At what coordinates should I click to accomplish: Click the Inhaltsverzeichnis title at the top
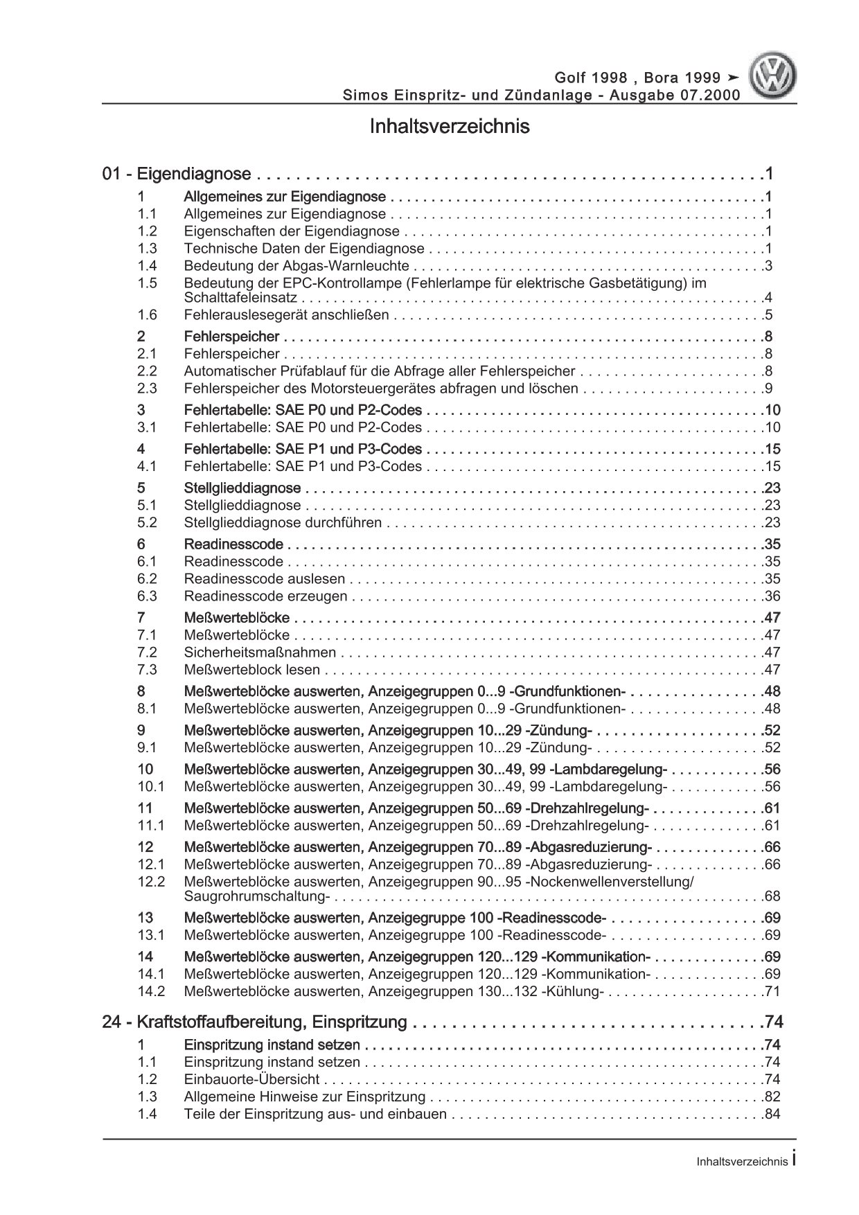(x=450, y=127)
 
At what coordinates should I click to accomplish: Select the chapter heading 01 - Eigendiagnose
(x=176, y=174)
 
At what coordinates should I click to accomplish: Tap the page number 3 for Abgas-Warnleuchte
(x=768, y=266)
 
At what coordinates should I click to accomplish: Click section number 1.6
(x=147, y=315)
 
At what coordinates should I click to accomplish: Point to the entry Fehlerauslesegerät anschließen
(x=286, y=315)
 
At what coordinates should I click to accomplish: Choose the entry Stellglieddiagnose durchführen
(x=283, y=522)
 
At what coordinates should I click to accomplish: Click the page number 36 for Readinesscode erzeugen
(x=771, y=596)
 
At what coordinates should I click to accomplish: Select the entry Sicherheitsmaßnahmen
(x=260, y=652)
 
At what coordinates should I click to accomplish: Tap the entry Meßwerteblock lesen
(x=252, y=669)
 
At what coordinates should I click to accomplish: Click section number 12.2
(x=151, y=881)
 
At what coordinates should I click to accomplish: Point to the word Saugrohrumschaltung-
(x=256, y=896)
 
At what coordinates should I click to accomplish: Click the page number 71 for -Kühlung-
(x=771, y=991)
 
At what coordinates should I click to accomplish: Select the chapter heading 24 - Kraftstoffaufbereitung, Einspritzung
(x=254, y=1022)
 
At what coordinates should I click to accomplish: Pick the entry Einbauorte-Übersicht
(x=251, y=1079)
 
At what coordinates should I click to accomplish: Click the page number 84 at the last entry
(x=771, y=1114)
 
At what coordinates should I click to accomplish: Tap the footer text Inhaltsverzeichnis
(x=742, y=1162)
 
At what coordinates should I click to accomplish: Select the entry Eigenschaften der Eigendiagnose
(x=292, y=231)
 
